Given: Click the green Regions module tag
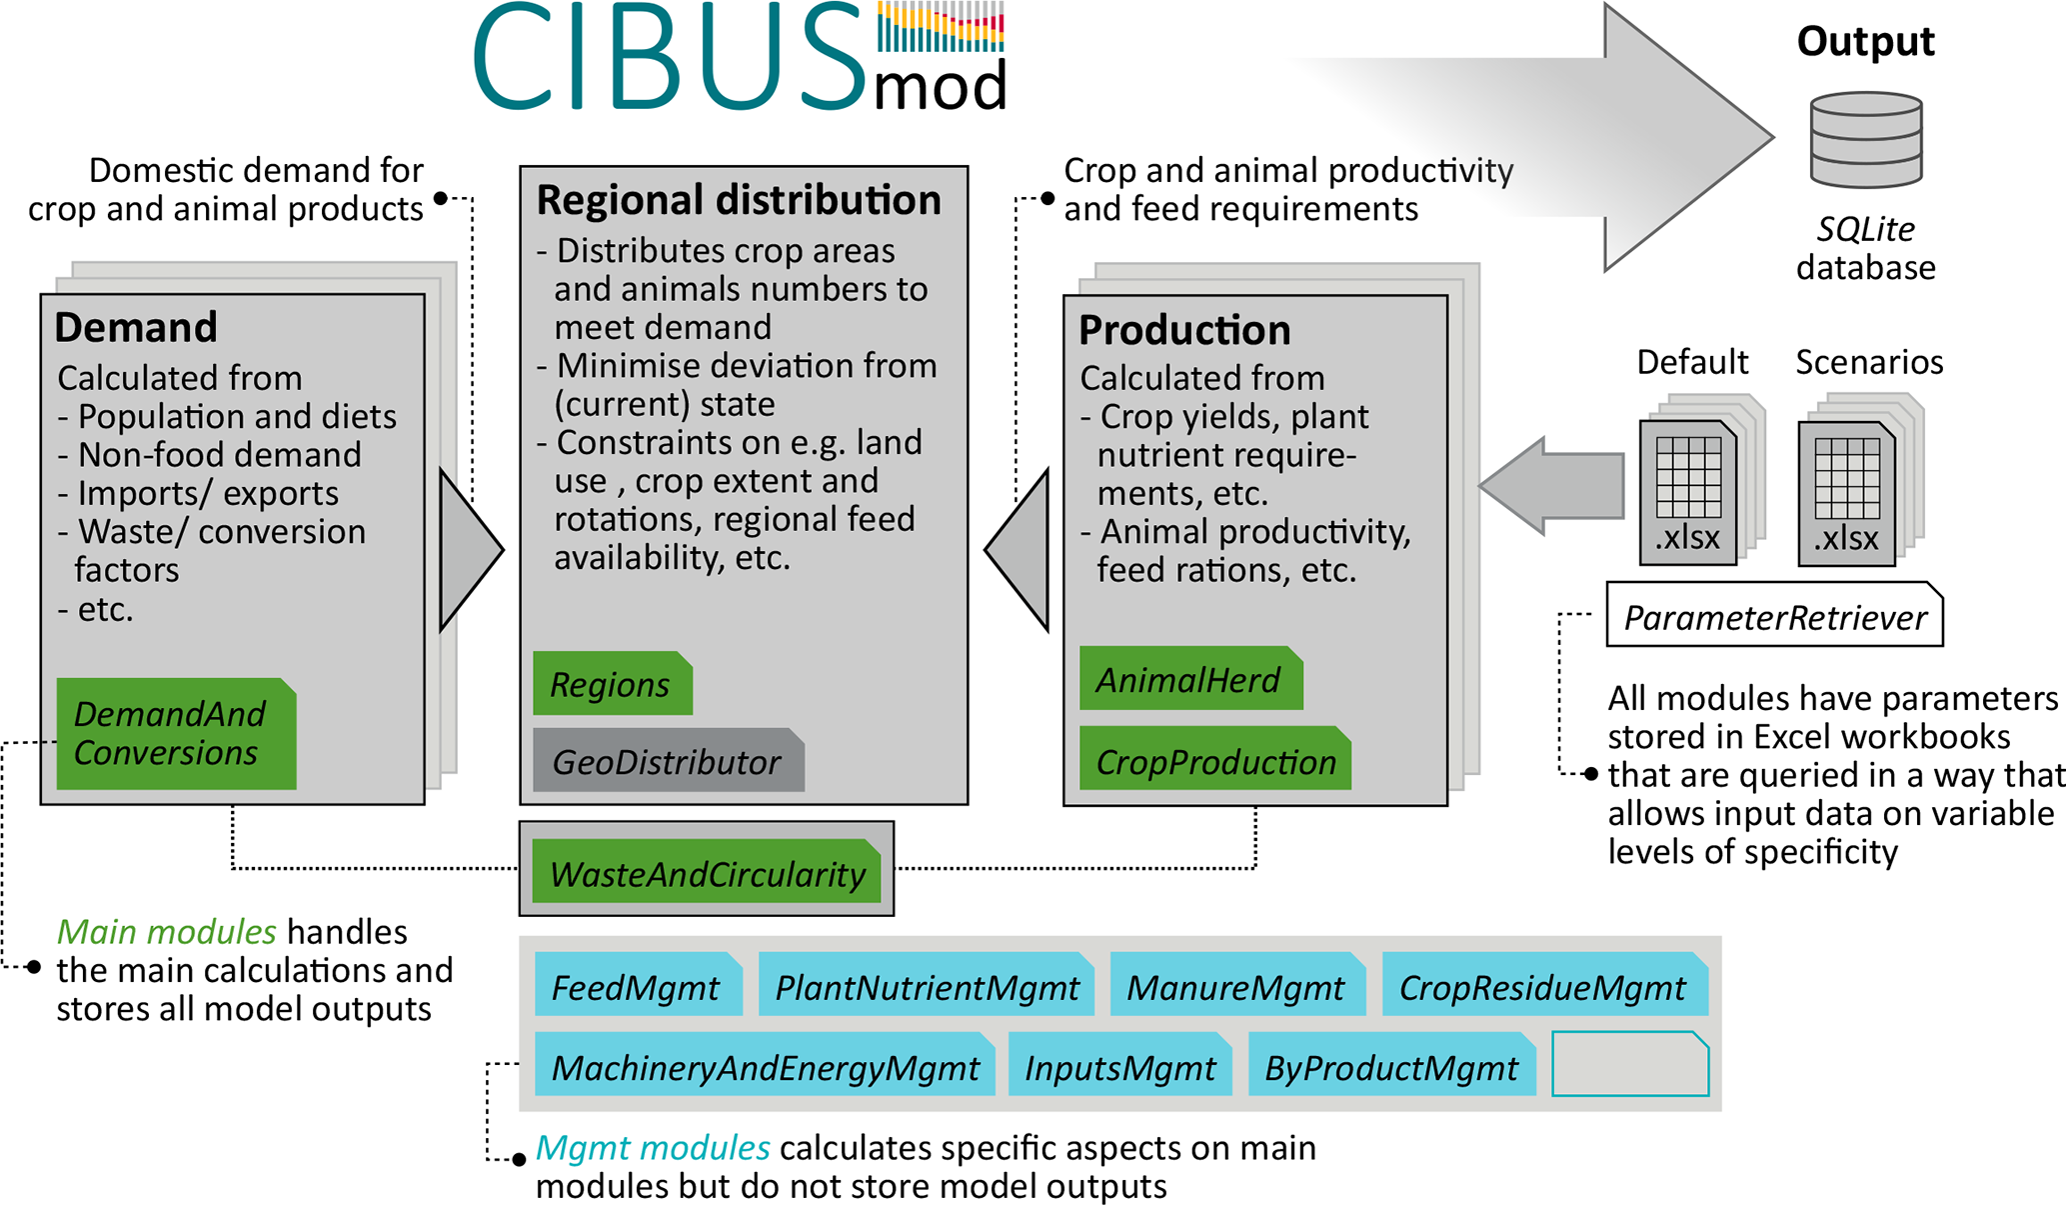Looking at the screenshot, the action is (x=613, y=683).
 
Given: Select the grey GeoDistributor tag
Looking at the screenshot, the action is (x=669, y=760).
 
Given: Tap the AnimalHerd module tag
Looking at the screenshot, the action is (x=1191, y=678).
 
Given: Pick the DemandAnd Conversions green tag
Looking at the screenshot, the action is (x=176, y=734).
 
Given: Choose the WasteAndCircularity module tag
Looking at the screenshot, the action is (x=707, y=871).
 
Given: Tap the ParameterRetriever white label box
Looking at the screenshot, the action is (x=1775, y=614).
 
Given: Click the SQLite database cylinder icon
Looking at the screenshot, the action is (x=1866, y=140).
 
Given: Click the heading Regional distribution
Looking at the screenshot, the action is (x=739, y=200).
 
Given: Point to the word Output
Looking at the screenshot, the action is (x=1866, y=42).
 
